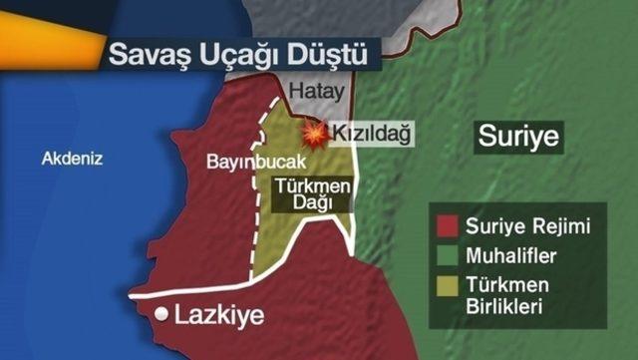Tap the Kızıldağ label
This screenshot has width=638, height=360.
click(371, 133)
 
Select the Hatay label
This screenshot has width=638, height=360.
click(316, 91)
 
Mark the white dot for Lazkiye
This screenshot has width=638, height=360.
click(160, 314)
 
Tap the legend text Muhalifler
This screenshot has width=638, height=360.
click(511, 256)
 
